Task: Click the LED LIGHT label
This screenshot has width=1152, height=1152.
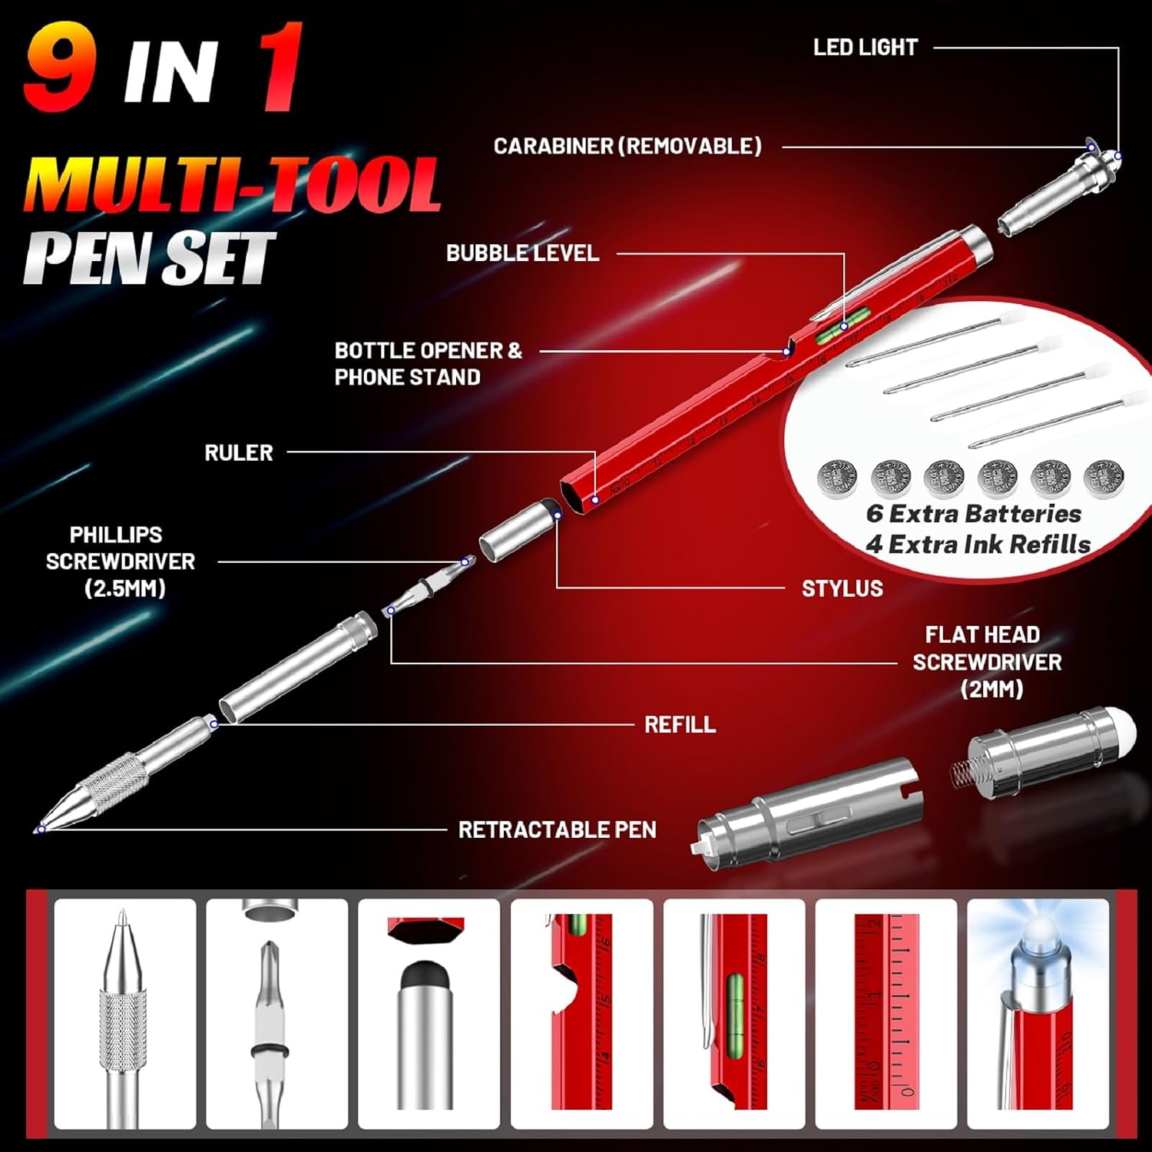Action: pos(866,48)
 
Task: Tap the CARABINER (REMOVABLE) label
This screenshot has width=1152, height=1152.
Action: pos(627,146)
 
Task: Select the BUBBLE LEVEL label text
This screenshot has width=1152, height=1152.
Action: pos(522,253)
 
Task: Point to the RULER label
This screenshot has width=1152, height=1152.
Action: pos(239,452)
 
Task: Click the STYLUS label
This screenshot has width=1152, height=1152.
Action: pos(842,588)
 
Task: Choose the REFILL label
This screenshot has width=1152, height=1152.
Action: pos(680,724)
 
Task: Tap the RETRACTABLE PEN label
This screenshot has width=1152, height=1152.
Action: pos(558,829)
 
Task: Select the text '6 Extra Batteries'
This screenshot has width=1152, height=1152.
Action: pos(974,513)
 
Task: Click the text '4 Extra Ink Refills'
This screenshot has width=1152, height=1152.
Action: pos(978,544)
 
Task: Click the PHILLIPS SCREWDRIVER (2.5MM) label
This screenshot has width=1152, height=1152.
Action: pos(121,561)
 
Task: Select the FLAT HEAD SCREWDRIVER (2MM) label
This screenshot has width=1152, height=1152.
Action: pos(987,661)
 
